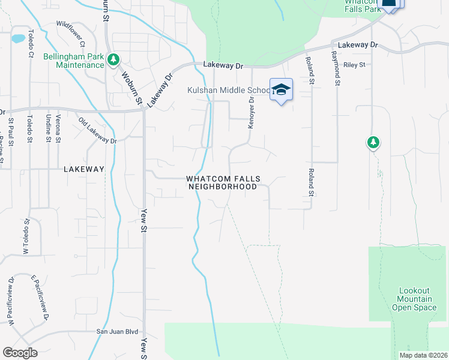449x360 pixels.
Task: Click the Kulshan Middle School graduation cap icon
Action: (280, 90)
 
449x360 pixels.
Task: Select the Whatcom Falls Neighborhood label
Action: (222, 182)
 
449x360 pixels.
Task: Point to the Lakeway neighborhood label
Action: (84, 169)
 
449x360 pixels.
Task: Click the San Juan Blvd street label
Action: (118, 331)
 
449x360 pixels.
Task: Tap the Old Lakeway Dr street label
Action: (97, 130)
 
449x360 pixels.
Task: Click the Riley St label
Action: (354, 64)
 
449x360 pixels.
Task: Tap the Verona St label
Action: (58, 128)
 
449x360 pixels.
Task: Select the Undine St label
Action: (47, 128)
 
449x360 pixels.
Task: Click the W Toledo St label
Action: (26, 236)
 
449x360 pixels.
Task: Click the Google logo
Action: (20, 353)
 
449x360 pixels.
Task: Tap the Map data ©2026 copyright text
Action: (423, 355)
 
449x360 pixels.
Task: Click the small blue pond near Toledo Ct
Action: (18, 38)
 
